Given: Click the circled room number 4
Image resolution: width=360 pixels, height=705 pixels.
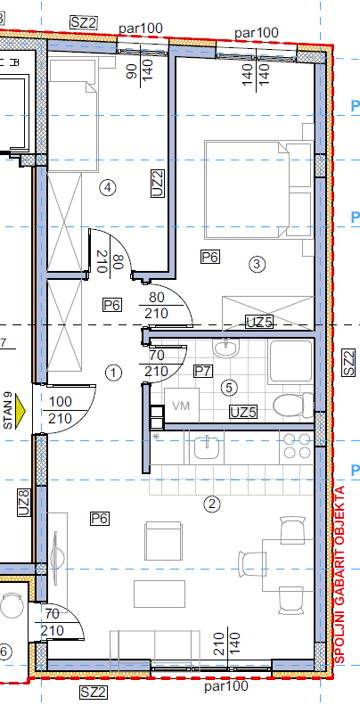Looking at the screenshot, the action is tap(107, 188).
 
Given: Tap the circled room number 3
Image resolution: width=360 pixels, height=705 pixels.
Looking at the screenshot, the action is tap(257, 264).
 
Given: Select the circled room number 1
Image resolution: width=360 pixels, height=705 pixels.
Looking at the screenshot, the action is tap(113, 373).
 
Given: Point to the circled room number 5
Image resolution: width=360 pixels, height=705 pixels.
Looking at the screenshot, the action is tap(229, 387).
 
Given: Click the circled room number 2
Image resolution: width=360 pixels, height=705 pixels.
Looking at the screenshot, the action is tap(212, 504).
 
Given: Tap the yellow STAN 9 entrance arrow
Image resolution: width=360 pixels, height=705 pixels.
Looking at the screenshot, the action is tap(20, 410).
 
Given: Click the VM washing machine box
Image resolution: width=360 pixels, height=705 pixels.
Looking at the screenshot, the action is tap(182, 406).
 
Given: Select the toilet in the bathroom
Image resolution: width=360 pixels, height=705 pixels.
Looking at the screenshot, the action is tap(293, 405).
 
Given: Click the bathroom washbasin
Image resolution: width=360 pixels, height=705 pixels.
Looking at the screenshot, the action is tap(227, 348).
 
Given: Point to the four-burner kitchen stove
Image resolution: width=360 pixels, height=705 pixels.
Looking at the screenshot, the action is tap(297, 446).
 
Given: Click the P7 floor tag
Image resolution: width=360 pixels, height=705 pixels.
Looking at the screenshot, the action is tap(203, 371).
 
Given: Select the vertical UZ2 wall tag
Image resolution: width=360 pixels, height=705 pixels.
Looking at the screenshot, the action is tap(158, 183).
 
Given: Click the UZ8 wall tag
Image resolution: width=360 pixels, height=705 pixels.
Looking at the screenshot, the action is tap(24, 502).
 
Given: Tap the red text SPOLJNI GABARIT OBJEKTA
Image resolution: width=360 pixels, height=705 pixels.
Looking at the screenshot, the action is tap(340, 575).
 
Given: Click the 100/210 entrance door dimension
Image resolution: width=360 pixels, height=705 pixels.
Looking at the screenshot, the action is tap(60, 410).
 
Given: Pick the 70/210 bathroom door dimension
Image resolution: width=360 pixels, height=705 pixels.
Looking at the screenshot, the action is tap(157, 364).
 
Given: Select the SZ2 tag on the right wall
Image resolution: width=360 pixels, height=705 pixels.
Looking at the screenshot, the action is tap(348, 363).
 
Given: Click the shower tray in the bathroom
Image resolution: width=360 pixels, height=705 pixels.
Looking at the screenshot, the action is tap(290, 362).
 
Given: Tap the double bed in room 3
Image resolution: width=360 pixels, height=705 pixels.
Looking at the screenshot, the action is tap(258, 190).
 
